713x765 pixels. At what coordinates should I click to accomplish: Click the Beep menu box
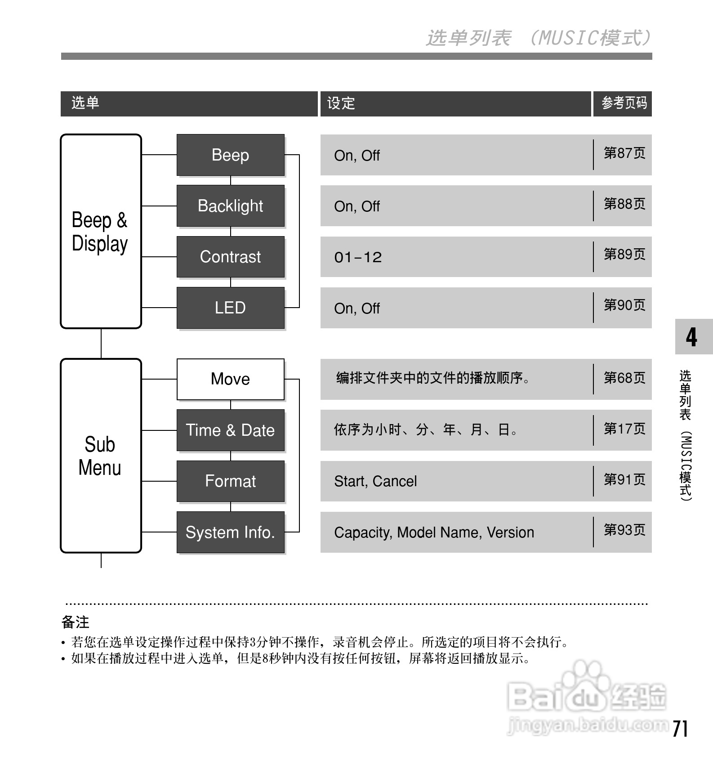point(230,155)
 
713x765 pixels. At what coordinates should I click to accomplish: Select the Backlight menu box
point(230,206)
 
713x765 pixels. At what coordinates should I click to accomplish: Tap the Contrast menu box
point(230,257)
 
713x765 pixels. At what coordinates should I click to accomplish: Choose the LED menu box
point(230,308)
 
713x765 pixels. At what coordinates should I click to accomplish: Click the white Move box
point(230,379)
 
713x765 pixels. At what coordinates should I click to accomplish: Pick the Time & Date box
point(230,430)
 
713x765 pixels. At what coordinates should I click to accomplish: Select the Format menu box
point(230,481)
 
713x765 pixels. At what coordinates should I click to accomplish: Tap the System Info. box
point(230,532)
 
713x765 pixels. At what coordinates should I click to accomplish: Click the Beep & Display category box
point(101,231)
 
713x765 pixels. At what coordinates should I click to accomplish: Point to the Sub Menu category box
point(101,456)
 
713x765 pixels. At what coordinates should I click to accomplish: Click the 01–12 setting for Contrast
point(358,257)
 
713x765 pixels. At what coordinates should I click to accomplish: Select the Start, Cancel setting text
point(375,481)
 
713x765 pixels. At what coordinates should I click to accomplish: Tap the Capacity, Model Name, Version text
point(434,532)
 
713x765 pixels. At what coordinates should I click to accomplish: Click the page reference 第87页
point(624,153)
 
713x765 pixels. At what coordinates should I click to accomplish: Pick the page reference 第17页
point(624,429)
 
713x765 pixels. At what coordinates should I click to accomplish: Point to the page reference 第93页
point(624,530)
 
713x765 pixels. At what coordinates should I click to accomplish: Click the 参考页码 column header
point(624,103)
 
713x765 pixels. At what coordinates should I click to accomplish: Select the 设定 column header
point(341,103)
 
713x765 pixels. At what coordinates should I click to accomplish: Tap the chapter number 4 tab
point(692,337)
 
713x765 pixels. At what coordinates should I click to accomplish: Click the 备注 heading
point(76,622)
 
